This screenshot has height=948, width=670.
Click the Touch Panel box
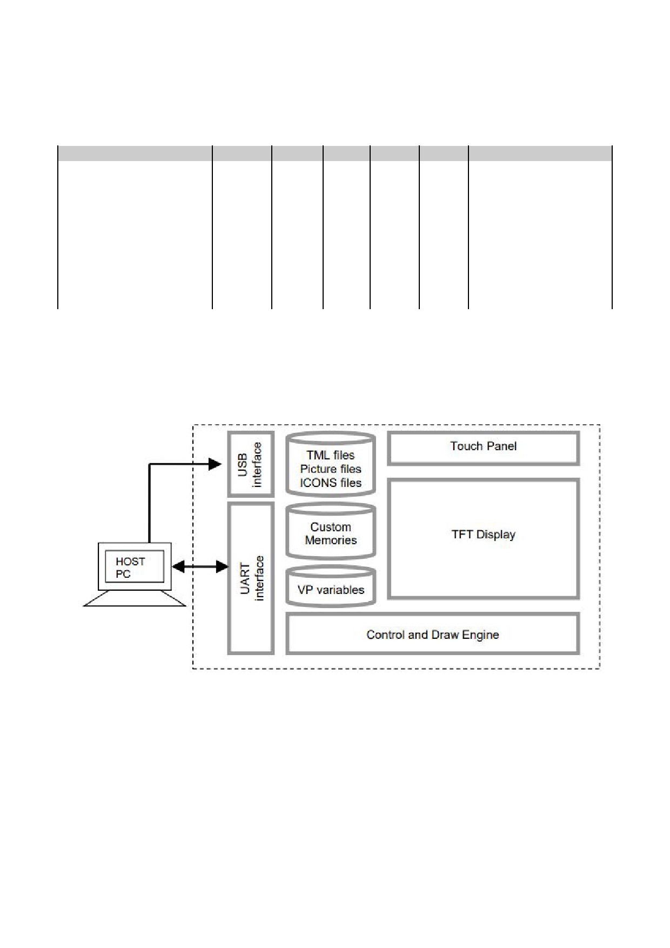pyautogui.click(x=483, y=448)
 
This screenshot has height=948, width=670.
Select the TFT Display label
pyautogui.click(x=483, y=535)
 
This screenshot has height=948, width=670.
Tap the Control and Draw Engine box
pyautogui.click(x=432, y=634)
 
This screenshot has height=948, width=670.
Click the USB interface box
pyautogui.click(x=250, y=464)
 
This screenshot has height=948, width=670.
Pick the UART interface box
pyautogui.click(x=251, y=578)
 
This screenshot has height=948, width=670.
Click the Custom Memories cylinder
pyautogui.click(x=331, y=533)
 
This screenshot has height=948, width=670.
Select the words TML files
pyautogui.click(x=331, y=455)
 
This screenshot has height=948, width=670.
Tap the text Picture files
pyautogui.click(x=331, y=469)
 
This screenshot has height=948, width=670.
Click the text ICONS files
pyautogui.click(x=331, y=483)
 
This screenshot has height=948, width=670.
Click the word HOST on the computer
pyautogui.click(x=130, y=562)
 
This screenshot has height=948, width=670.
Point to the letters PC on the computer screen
pyautogui.click(x=123, y=574)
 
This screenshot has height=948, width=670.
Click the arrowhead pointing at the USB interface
pyautogui.click(x=215, y=464)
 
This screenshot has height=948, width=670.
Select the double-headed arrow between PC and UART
pyautogui.click(x=200, y=566)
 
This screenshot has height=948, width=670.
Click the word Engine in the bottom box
pyautogui.click(x=480, y=635)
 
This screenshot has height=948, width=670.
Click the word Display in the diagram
pyautogui.click(x=497, y=535)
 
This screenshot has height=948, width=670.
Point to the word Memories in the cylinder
pyautogui.click(x=331, y=540)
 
